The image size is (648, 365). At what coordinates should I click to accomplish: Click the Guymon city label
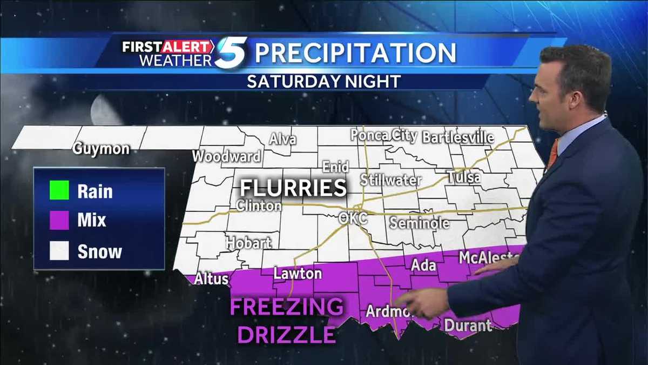pos(102,149)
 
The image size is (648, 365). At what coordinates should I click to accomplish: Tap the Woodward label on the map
pos(227,157)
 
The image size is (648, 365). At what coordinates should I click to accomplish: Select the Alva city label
pos(283,139)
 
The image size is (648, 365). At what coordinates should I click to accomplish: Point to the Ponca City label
pos(383,135)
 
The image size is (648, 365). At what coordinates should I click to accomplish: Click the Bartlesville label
pos(458,137)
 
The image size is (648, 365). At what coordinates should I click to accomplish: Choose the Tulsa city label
pos(464,177)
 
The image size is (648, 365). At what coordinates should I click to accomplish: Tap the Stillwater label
pos(390,180)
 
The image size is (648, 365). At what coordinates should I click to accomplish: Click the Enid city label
pos(335,167)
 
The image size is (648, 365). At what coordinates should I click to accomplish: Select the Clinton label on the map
pos(259,206)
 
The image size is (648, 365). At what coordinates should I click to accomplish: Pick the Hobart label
pos(248,243)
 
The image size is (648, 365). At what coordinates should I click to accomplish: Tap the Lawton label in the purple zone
pos(298,274)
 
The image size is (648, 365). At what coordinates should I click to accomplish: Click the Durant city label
pos(468,326)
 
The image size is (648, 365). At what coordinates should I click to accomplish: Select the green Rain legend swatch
pos(59,191)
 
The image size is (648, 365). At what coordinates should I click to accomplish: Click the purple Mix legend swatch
pos(59,220)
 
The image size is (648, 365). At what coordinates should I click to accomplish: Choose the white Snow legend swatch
pos(59,251)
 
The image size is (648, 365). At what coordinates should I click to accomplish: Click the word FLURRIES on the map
pos(293,188)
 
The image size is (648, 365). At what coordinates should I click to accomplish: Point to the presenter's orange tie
pos(552,154)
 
